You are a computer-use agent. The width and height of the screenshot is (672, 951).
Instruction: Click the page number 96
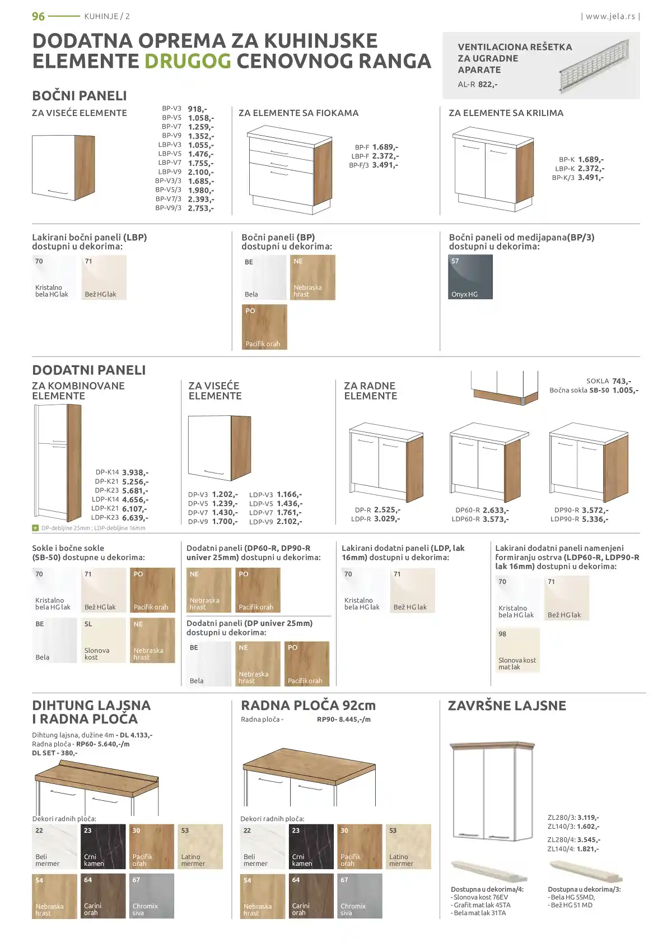pos(38,16)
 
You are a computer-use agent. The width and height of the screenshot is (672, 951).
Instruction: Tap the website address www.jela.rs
pos(610,16)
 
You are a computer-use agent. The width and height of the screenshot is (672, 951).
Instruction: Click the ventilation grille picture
pos(594,65)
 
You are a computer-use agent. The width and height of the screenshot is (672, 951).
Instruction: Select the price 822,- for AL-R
pos(488,84)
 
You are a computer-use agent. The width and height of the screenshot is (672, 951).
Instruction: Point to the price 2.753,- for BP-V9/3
pos(200,208)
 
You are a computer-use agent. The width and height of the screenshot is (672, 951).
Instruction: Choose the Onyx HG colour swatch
pos(470,277)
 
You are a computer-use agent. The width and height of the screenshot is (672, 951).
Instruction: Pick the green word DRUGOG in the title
pos(188,61)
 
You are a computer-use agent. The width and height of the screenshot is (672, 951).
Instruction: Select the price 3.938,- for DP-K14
pos(136,472)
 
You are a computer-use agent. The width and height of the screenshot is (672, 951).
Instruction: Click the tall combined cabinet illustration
pos(57,463)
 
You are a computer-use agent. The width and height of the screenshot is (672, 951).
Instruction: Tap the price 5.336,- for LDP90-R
pos(595,519)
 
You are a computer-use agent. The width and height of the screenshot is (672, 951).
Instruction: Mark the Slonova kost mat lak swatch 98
pos(517,650)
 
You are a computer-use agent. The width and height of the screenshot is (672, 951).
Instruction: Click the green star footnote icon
pos(35,528)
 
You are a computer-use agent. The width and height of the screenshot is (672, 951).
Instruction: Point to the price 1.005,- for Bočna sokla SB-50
pos(626,390)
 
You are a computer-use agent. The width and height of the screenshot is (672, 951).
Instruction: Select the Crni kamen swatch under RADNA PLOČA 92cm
pos(311,846)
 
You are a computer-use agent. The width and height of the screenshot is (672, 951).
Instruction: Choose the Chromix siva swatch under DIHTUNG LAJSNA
pos(151,896)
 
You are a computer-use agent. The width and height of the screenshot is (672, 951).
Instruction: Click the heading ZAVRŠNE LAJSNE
pos(507,706)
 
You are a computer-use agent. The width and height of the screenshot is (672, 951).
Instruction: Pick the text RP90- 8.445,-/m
pos(344,719)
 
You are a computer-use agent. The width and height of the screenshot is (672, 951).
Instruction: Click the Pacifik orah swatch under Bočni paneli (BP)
pos(264,327)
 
